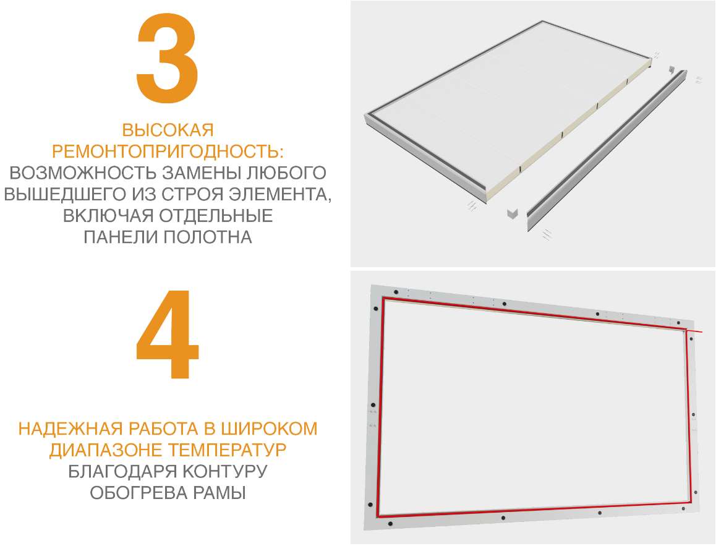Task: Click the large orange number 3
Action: pyautogui.click(x=167, y=58)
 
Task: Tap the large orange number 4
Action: pyautogui.click(x=167, y=334)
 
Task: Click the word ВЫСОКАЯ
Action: pyautogui.click(x=168, y=130)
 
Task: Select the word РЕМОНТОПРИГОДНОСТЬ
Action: pyautogui.click(x=165, y=151)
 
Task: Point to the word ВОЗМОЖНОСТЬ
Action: pyautogui.click(x=83, y=173)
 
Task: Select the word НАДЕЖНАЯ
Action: pyautogui.click(x=70, y=429)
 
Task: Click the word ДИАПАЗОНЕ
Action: pyautogui.click(x=106, y=451)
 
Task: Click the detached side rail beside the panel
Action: pyautogui.click(x=607, y=151)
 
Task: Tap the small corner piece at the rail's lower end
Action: pyautogui.click(x=513, y=213)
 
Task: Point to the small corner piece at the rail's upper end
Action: pyautogui.click(x=671, y=70)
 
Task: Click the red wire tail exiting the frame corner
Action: pyautogui.click(x=694, y=331)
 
